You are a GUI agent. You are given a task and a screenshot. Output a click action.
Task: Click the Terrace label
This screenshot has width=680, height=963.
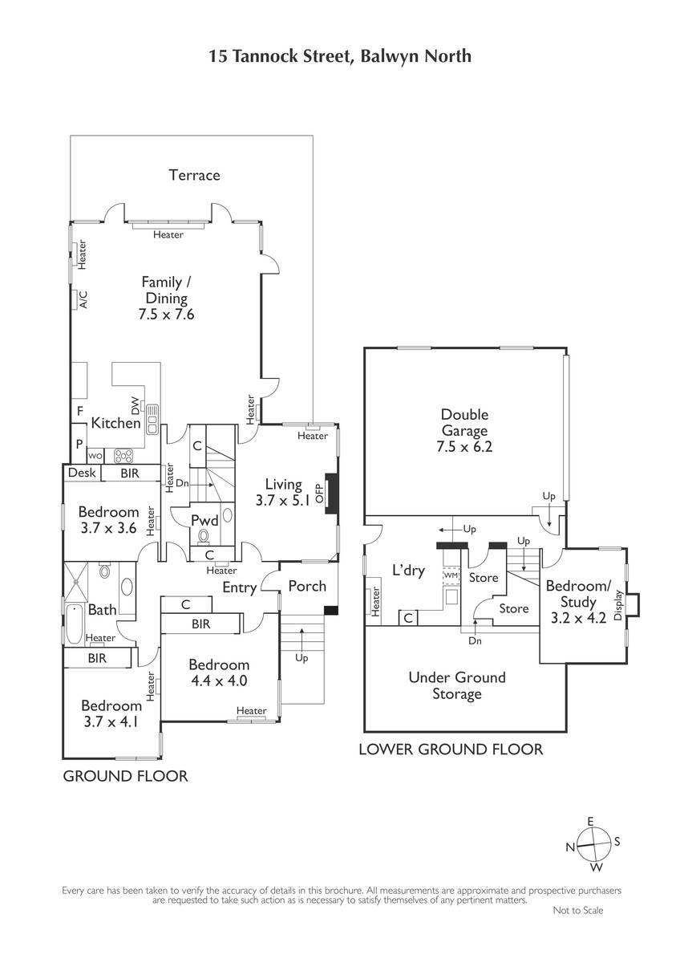coord(194,175)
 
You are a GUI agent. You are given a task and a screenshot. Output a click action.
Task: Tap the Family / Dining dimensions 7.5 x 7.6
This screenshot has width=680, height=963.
coord(166,315)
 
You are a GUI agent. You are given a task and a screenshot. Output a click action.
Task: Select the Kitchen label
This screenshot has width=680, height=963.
coord(116,423)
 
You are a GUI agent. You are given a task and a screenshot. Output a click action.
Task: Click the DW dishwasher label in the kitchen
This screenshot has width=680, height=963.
coord(136,405)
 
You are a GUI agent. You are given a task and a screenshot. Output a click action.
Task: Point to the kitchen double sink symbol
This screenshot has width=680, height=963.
coord(152,419)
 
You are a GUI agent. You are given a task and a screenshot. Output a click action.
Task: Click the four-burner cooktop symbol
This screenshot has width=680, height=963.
coord(123,456)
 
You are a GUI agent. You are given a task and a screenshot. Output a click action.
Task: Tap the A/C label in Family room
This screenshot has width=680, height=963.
coord(83,299)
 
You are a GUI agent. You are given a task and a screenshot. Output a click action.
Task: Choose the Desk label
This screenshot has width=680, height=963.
coord(82,473)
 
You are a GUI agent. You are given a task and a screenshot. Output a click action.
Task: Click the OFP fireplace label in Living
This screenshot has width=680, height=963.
coord(319,494)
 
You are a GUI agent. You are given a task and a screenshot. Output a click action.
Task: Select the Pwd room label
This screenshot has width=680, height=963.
coord(205,521)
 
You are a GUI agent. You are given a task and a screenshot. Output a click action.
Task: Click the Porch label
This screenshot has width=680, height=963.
coord(307,586)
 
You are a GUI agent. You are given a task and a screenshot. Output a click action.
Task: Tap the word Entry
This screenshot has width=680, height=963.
coord(239,587)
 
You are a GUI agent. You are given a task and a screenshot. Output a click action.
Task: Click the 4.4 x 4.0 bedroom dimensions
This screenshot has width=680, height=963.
coord(219,681)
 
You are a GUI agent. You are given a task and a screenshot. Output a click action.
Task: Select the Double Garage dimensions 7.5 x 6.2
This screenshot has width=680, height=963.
coord(464,447)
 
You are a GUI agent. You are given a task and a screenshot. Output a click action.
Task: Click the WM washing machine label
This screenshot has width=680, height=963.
coord(451,575)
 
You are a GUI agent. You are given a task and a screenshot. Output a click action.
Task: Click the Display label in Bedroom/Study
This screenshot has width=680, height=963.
coord(618,605)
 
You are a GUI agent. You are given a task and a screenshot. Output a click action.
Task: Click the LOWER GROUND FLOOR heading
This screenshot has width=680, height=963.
coord(451,750)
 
